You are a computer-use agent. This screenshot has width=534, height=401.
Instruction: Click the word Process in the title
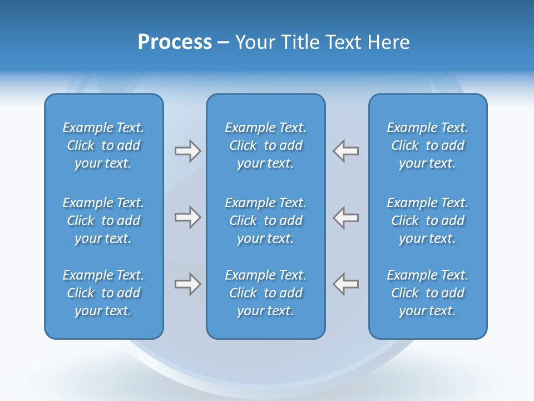[175, 42]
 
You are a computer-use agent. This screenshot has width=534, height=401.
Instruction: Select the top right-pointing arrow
[187, 151]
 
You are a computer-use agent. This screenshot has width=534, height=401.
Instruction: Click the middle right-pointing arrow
[187, 217]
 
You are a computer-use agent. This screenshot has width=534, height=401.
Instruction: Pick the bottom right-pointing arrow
[187, 284]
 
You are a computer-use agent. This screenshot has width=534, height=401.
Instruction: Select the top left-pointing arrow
[346, 151]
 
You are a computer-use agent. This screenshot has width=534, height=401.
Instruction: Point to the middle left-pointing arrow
[346, 217]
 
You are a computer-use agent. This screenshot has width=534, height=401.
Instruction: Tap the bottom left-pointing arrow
[346, 284]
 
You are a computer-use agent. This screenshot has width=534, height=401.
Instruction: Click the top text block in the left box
[103, 145]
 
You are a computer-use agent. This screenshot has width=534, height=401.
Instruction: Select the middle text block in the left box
[103, 221]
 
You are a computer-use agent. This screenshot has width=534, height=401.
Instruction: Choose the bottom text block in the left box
[103, 293]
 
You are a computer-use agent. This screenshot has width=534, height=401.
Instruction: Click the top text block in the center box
[265, 145]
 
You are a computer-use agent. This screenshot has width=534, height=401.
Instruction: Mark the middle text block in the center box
[265, 221]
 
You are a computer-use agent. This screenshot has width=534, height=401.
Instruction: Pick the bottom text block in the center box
[265, 293]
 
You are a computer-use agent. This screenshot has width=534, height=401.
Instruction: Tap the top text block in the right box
[427, 145]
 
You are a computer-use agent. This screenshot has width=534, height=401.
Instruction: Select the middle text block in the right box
[427, 221]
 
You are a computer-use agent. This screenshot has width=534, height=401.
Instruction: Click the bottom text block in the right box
[427, 293]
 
